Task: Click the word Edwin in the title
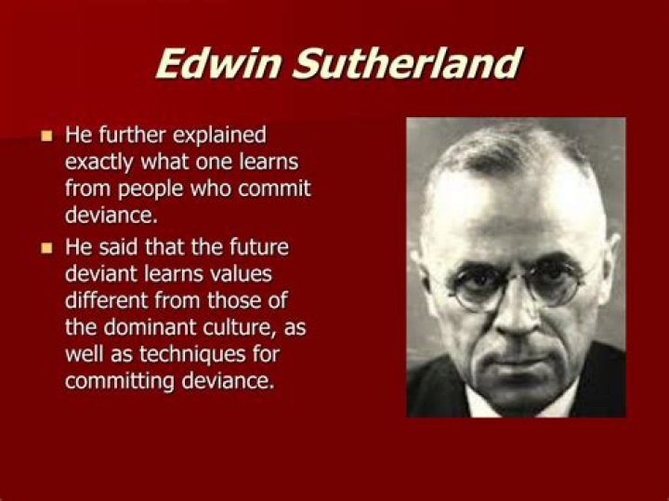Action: (218, 63)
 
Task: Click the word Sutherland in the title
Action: (408, 63)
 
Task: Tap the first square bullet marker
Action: (46, 136)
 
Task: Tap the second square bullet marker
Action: (46, 248)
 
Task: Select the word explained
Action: (219, 136)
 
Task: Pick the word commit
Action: (274, 188)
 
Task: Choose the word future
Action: (259, 247)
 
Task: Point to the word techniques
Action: (192, 355)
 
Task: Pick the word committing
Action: (120, 381)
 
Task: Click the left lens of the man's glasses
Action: (476, 287)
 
